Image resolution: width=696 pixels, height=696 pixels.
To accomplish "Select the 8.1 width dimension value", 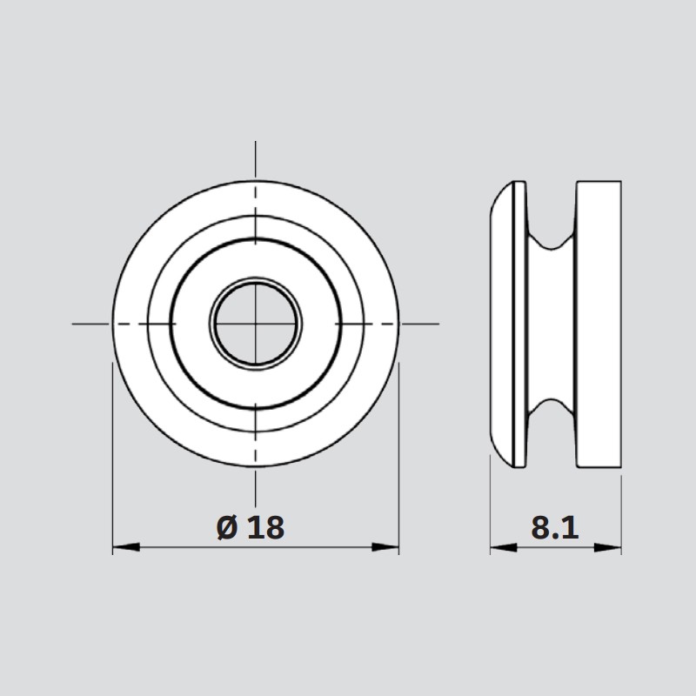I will (x=554, y=527).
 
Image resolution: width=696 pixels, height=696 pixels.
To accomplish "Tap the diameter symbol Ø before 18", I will (x=226, y=527).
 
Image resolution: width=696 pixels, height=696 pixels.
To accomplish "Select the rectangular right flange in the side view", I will (x=599, y=324).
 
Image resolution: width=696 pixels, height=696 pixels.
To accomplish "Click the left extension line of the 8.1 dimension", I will (x=490, y=513).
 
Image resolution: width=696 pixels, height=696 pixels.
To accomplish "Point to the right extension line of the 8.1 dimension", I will (x=620, y=513).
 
